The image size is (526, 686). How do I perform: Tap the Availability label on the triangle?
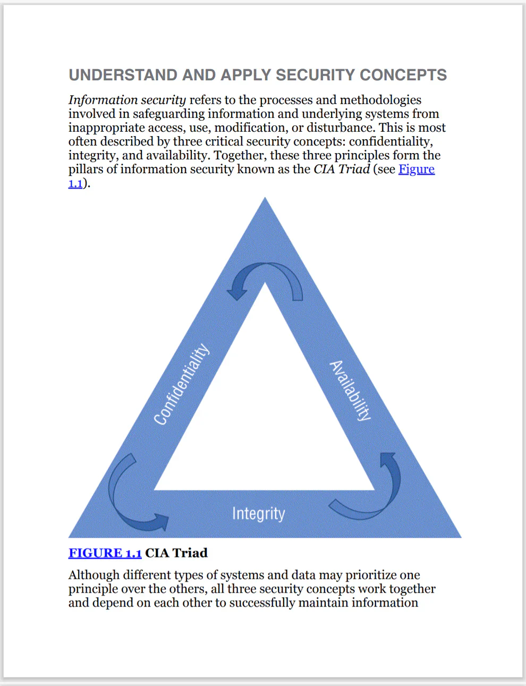click(350, 391)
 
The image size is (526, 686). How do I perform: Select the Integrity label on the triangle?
click(258, 513)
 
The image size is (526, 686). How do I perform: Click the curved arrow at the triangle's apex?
click(265, 280)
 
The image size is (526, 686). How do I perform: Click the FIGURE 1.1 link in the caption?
click(105, 553)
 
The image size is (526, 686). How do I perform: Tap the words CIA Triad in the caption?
click(176, 553)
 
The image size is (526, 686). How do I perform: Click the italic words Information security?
click(127, 100)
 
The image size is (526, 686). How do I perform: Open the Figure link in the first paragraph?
click(417, 169)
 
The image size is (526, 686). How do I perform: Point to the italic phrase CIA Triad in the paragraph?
click(342, 169)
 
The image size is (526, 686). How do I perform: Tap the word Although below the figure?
click(94, 575)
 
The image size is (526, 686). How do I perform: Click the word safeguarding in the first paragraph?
click(168, 114)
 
